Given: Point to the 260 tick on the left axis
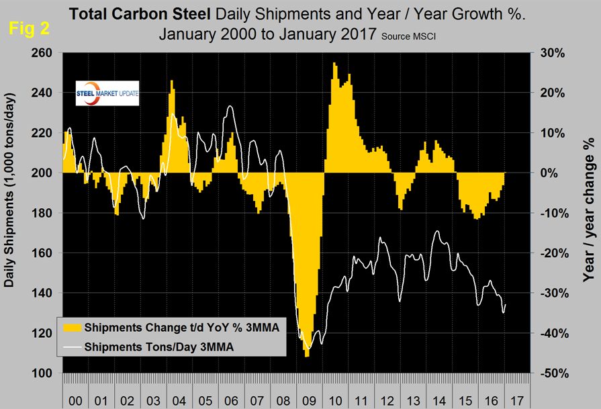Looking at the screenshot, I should click(44, 52).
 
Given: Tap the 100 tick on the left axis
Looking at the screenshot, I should click(44, 373).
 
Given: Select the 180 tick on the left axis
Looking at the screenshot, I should click(44, 213).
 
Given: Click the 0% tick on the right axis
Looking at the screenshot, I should click(546, 173).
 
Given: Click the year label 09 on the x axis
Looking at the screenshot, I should click(308, 400).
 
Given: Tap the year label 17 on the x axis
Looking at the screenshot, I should click(517, 400).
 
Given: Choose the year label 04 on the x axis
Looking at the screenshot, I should click(178, 400).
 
